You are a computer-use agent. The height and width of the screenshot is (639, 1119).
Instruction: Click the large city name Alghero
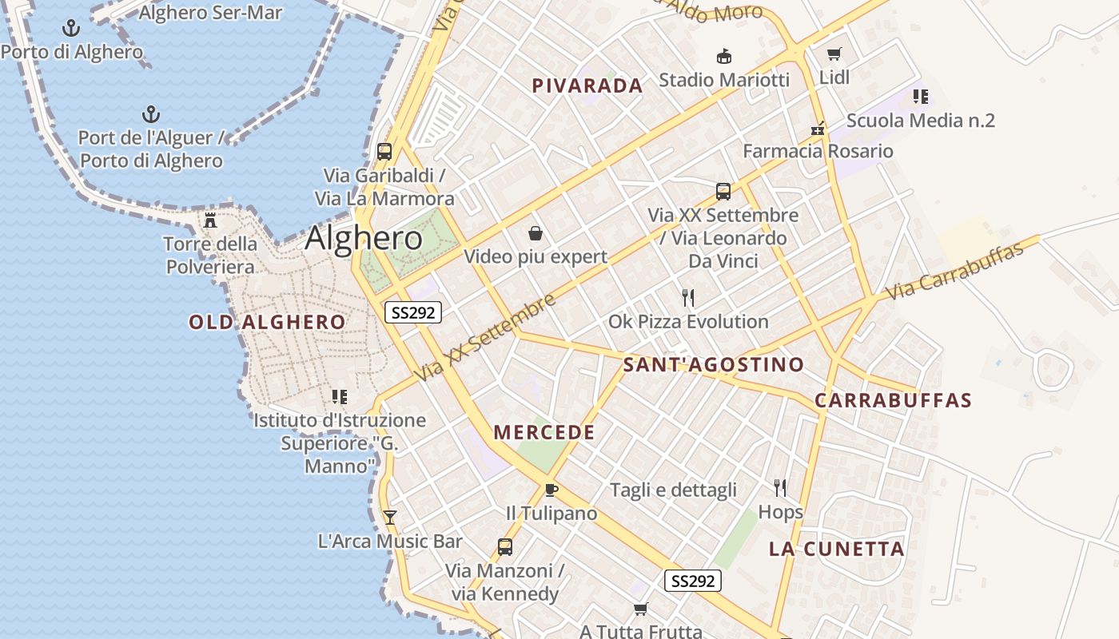(x=364, y=238)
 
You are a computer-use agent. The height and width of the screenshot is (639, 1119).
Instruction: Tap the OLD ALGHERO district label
(x=267, y=323)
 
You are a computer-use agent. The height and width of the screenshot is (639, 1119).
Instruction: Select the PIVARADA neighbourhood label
(x=587, y=86)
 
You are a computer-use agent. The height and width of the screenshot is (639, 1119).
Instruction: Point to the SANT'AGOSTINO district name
(x=713, y=365)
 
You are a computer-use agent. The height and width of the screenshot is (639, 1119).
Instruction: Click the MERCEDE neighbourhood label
(x=544, y=433)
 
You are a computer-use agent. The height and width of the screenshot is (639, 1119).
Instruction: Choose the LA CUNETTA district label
(x=837, y=549)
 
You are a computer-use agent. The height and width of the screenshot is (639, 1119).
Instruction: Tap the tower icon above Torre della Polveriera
(x=210, y=220)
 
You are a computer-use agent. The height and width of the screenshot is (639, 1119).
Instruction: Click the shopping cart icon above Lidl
(x=834, y=54)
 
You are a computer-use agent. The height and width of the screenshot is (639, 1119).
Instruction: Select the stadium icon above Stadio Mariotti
(x=723, y=56)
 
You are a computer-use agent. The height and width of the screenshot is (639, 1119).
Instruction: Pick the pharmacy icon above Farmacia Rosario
(x=818, y=128)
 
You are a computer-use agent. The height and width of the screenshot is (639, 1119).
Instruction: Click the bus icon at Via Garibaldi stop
(x=384, y=151)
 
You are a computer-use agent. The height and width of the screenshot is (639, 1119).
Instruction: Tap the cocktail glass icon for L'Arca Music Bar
(x=389, y=517)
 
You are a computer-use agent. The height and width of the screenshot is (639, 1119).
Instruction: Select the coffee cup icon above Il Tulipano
(x=551, y=490)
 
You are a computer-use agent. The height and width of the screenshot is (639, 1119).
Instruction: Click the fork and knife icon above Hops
(x=780, y=487)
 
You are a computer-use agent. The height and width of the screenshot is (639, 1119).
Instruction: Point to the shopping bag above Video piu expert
(x=536, y=233)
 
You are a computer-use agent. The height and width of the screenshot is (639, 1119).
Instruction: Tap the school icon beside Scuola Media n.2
(x=920, y=97)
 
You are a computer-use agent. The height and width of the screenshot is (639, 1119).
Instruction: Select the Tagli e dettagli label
(x=673, y=490)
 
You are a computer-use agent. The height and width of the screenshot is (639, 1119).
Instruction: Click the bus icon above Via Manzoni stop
(x=504, y=547)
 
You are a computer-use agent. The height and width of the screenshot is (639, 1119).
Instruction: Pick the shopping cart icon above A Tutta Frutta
(x=640, y=609)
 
